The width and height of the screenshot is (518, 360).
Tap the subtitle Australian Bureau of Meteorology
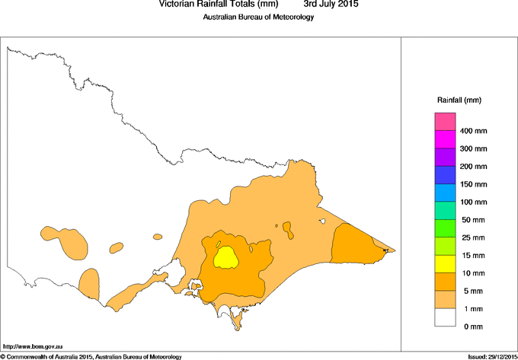[258, 18]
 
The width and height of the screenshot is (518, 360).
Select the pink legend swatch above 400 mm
[445, 122]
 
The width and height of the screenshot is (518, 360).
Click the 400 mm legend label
[474, 131]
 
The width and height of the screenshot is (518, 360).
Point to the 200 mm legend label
[474, 166]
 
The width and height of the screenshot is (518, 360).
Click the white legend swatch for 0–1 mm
[445, 317]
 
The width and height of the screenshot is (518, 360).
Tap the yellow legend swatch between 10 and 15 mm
[445, 264]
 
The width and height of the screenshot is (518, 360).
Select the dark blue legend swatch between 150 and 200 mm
[445, 175]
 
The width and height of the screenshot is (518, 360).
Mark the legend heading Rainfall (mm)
[459, 100]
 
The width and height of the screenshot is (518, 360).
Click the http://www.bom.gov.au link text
[32, 346]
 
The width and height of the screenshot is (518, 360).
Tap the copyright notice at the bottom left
[91, 356]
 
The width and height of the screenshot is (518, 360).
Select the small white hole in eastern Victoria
[323, 221]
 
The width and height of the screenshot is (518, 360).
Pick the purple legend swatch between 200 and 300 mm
[445, 158]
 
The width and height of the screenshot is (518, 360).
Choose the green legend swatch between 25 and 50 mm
[445, 228]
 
